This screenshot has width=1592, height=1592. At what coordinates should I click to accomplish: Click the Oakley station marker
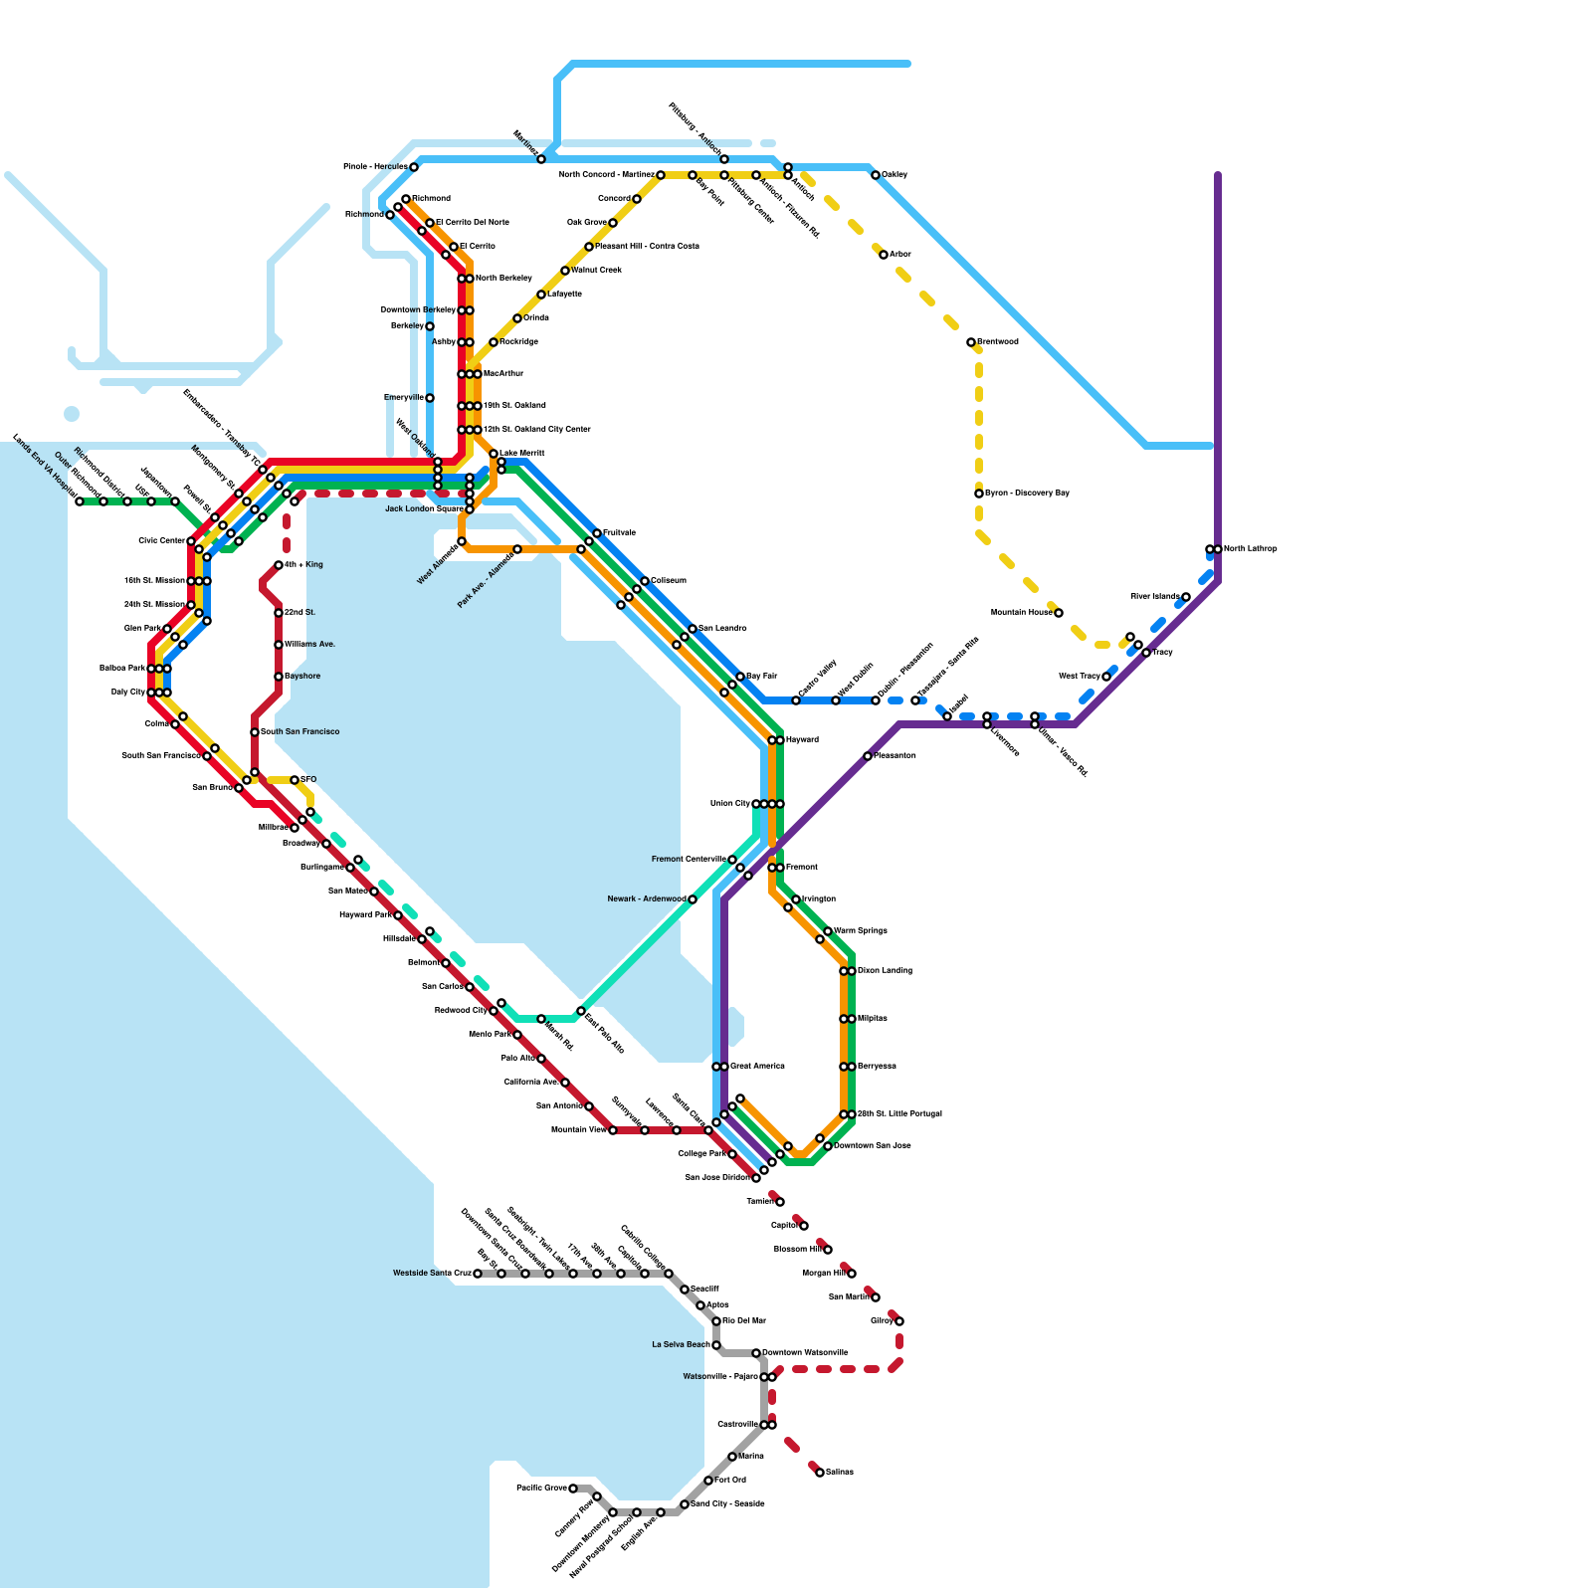[x=876, y=175]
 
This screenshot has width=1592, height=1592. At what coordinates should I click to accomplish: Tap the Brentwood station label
[x=997, y=342]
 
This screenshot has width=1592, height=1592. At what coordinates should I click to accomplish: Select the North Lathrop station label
[x=1250, y=549]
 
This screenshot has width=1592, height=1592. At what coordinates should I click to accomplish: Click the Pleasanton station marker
[x=868, y=756]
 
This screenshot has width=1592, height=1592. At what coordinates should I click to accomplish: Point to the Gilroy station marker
[x=899, y=1321]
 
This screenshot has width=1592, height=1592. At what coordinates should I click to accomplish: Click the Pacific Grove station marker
[x=573, y=1489]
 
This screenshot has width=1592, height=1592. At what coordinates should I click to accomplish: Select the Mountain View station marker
[x=613, y=1130]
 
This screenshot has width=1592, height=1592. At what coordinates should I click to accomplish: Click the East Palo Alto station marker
[x=581, y=1011]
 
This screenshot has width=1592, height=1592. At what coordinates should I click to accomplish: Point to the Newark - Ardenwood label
[x=647, y=899]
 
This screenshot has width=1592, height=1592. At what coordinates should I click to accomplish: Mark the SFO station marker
[x=295, y=780]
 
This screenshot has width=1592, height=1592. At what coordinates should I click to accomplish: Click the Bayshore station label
[x=302, y=677]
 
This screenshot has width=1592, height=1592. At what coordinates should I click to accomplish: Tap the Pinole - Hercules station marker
[x=414, y=167]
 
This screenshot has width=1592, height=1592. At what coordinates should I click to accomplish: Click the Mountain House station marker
[x=1059, y=613]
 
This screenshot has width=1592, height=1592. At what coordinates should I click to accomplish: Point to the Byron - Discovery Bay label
[x=1027, y=494]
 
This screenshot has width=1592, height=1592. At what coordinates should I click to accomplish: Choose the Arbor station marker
[x=884, y=255]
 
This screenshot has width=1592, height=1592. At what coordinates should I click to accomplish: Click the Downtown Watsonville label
[x=805, y=1353]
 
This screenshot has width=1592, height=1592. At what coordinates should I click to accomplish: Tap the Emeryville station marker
[x=430, y=398]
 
